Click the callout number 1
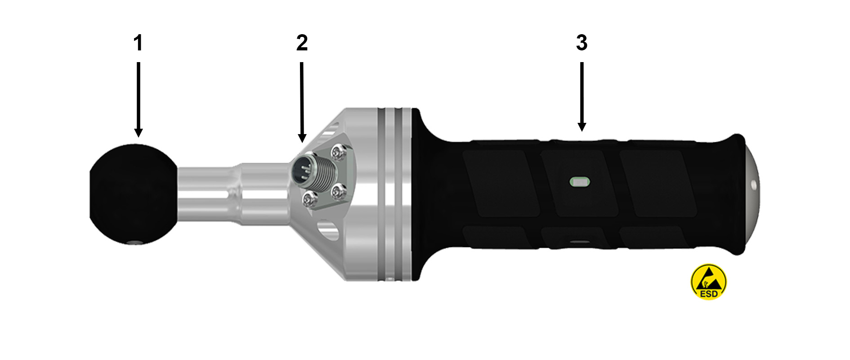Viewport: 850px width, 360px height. [138, 43]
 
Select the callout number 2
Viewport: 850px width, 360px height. [302, 43]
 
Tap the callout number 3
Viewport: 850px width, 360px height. [582, 43]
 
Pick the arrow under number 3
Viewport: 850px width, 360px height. [582, 97]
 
